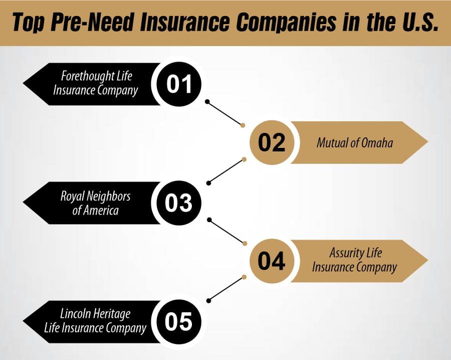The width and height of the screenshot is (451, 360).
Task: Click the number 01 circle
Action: (179, 84)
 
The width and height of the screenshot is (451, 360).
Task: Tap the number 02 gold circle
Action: (272, 142)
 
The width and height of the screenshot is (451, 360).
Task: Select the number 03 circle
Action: (179, 203)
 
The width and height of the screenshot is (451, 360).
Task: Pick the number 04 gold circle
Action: (272, 261)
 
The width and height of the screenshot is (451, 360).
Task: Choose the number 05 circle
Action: (179, 321)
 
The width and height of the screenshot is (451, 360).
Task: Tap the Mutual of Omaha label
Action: (354, 143)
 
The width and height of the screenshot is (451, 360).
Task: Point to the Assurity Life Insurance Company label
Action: (354, 260)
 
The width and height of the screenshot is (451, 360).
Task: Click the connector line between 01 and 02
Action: (225, 113)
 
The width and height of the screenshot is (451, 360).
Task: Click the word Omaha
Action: (377, 143)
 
